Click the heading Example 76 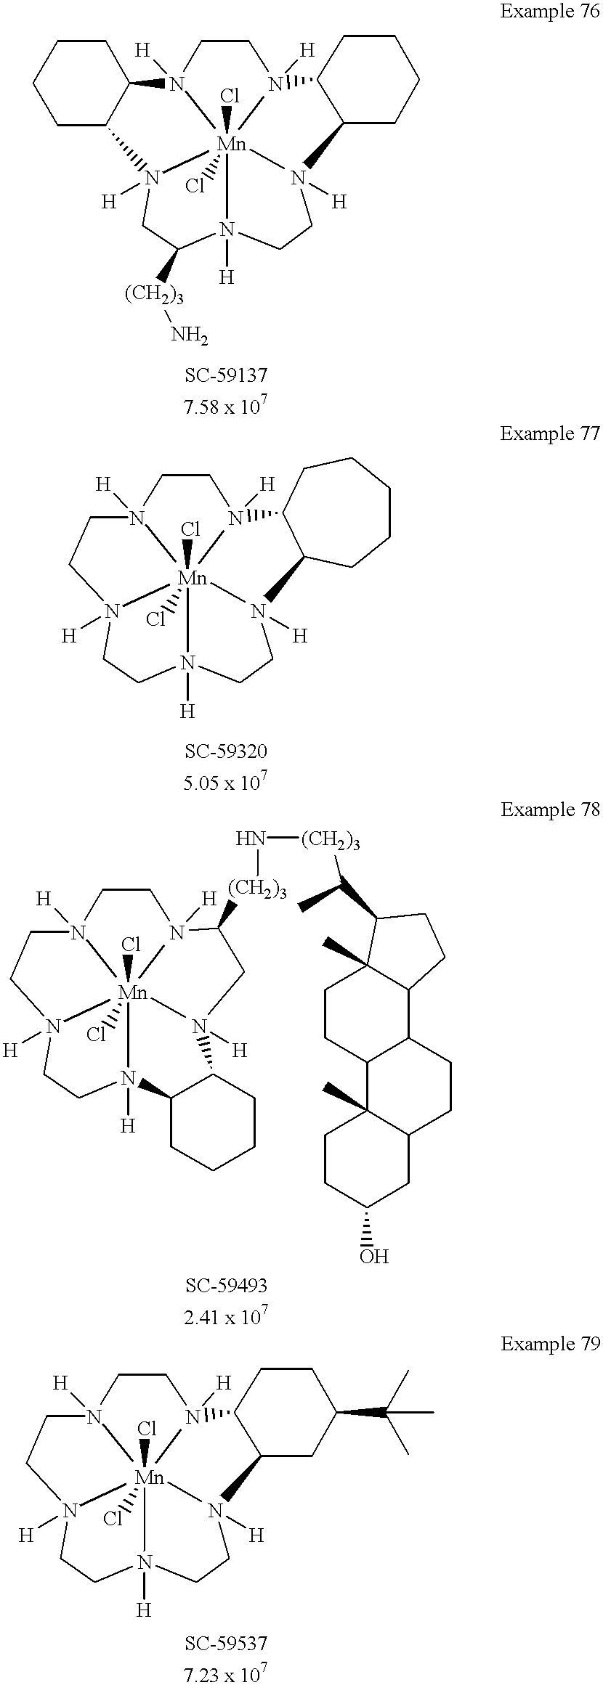550,12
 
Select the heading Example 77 550,433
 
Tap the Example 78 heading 550,809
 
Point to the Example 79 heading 550,1345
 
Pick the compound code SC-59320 226,751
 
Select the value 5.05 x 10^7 226,781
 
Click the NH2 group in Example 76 190,335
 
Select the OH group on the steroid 374,1256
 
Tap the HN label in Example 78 249,840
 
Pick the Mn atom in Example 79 150,1476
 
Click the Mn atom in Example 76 232,144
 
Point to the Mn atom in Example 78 132,992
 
